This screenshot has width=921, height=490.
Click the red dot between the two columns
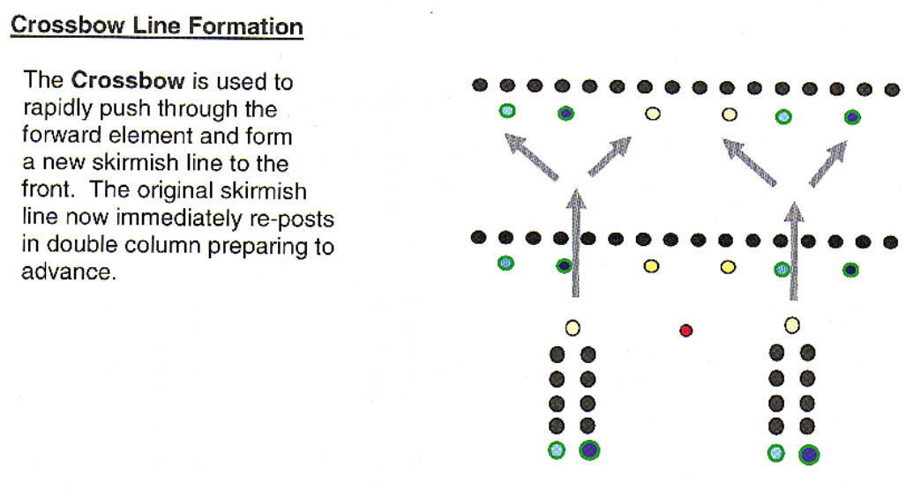(x=685, y=330)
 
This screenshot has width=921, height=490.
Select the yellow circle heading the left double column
(x=573, y=328)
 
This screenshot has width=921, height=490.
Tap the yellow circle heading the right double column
(x=792, y=325)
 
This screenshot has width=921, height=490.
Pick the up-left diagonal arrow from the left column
(x=531, y=157)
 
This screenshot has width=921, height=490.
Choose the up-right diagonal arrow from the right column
(x=827, y=162)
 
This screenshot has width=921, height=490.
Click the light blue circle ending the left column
(x=557, y=449)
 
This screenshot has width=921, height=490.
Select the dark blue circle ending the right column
(x=808, y=454)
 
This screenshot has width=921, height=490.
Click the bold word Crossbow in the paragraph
(x=128, y=81)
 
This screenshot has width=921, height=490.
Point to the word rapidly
(x=54, y=110)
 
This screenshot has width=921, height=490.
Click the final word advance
(x=67, y=271)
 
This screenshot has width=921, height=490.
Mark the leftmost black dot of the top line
(x=480, y=85)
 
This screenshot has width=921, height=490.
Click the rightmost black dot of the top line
(x=892, y=89)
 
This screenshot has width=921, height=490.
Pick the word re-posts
(x=297, y=219)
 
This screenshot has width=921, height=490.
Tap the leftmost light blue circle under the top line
(x=507, y=111)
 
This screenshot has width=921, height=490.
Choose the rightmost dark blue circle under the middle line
(x=850, y=270)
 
